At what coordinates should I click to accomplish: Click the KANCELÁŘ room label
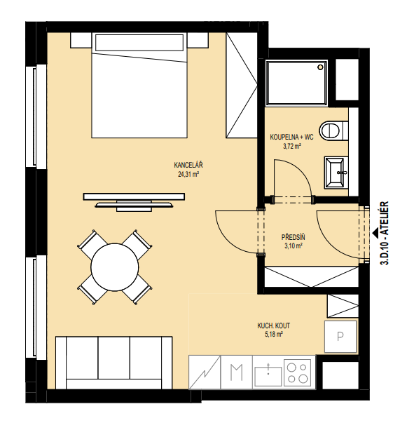tap(188, 165)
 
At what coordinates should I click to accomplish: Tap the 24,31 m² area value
tap(188, 174)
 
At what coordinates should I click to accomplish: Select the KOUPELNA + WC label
tap(291, 137)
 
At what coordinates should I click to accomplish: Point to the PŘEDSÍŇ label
tap(293, 237)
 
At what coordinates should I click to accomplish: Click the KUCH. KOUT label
tap(273, 325)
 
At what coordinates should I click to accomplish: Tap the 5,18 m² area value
tap(273, 335)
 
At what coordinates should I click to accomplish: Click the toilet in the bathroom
tap(333, 130)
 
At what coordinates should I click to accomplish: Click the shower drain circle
tap(320, 67)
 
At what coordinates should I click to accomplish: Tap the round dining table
tap(114, 267)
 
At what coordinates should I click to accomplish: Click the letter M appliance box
tap(236, 372)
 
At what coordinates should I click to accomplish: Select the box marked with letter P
tap(340, 337)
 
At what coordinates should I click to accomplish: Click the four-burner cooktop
tap(299, 372)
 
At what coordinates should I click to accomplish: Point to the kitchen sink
tap(268, 375)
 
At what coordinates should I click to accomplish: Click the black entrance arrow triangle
tap(375, 233)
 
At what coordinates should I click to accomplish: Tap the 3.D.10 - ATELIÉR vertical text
tap(385, 233)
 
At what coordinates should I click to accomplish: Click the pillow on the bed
tap(139, 43)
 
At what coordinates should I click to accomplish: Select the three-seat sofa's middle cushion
tap(113, 358)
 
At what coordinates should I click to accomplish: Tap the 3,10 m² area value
tap(293, 246)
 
